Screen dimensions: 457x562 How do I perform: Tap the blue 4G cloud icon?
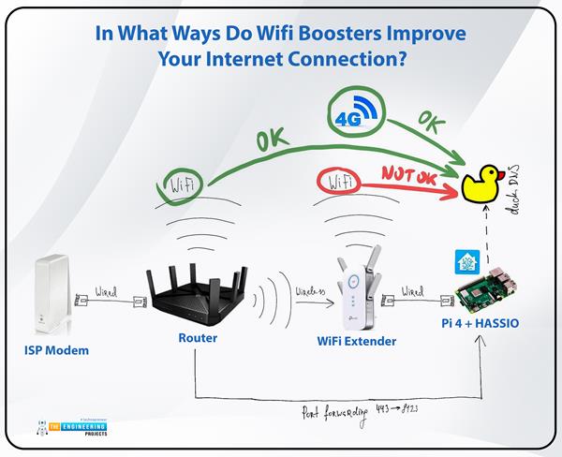coord(355,116)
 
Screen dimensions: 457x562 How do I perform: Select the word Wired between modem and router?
coord(105,294)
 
